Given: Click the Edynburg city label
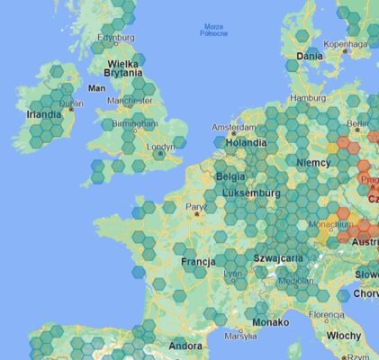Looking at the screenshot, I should pos(116,38).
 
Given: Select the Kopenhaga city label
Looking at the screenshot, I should pos(346,43).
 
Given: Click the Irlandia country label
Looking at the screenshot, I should pos(44,115).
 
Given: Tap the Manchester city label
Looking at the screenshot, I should pos(130,101).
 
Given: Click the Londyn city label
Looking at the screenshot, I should pos(160,147).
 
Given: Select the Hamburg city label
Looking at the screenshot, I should pos(309,98).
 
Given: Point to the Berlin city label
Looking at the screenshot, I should pos(358,123).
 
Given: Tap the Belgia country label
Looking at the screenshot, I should pos(230,176).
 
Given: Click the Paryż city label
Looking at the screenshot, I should pos(196,207).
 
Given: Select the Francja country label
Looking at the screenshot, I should pos(198,262).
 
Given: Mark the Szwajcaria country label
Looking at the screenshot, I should pos(278,257).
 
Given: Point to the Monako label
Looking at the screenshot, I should pos(271,321).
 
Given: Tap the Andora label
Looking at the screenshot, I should pos(185,346).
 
